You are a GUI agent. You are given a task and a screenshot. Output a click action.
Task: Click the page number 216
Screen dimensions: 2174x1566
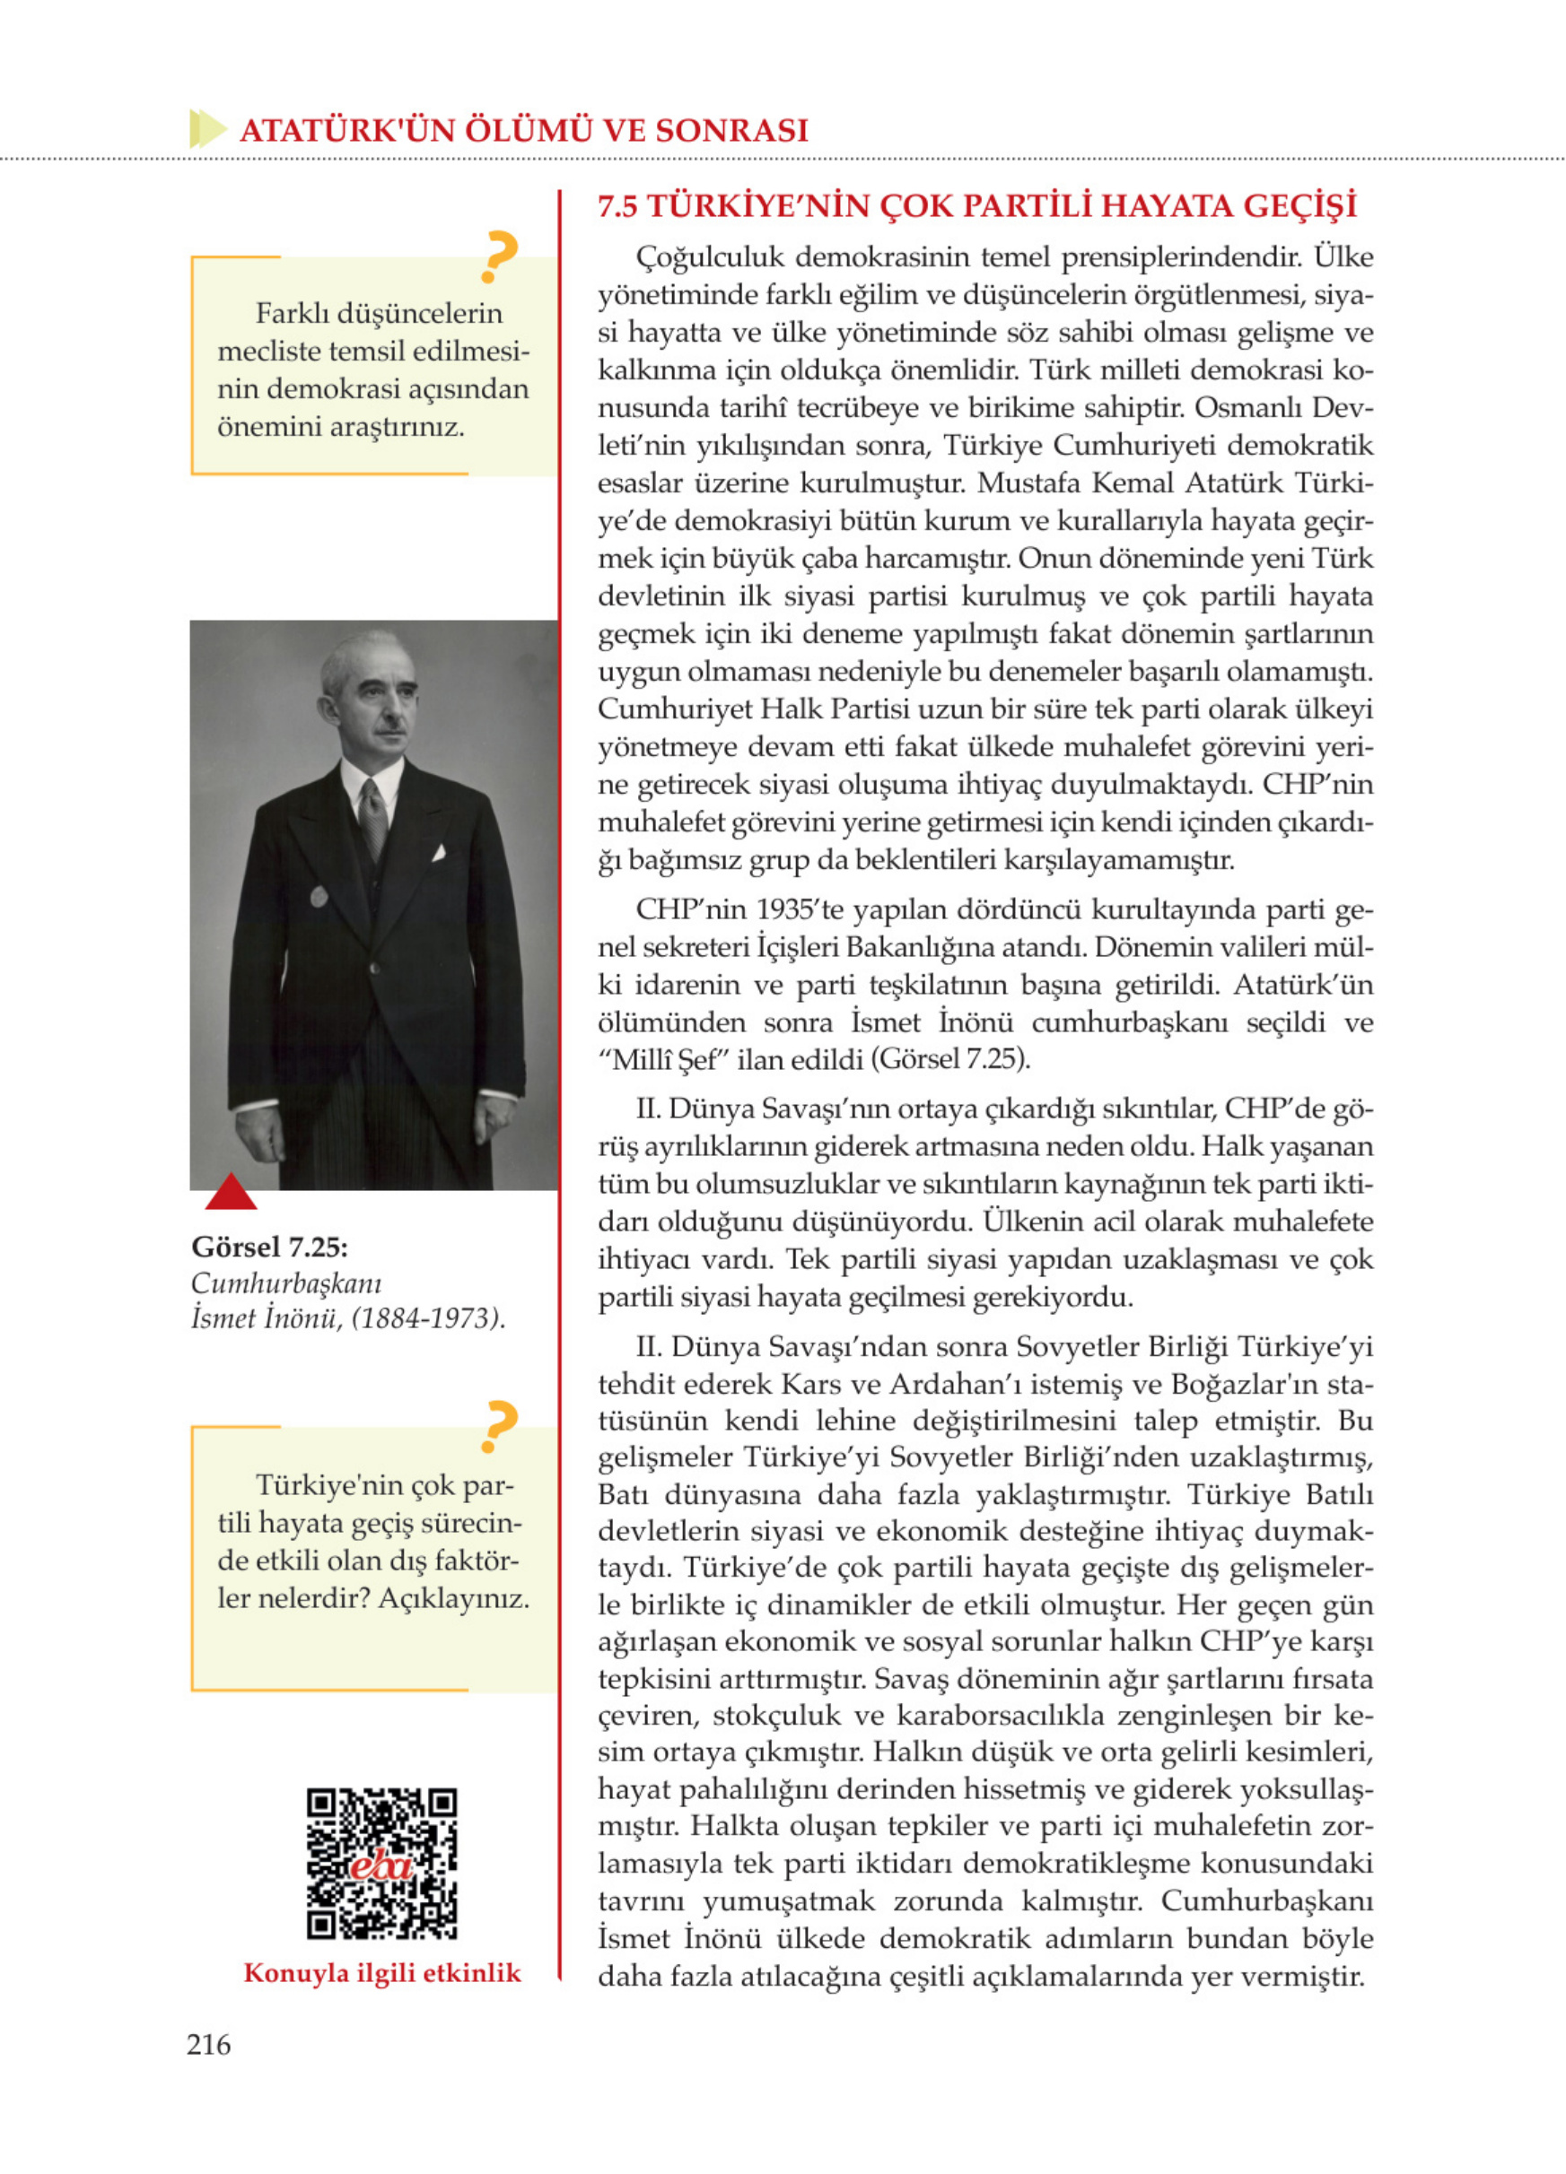pyautogui.click(x=208, y=2044)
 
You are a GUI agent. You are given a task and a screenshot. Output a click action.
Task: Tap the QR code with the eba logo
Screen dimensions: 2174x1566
pyautogui.click(x=381, y=1863)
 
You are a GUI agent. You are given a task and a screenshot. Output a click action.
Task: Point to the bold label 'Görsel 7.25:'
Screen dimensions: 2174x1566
pyautogui.click(x=269, y=1246)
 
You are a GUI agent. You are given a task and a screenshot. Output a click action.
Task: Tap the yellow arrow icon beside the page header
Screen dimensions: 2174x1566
pyautogui.click(x=207, y=128)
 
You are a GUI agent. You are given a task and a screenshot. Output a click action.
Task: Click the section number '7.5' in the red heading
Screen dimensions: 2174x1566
pyautogui.click(x=617, y=206)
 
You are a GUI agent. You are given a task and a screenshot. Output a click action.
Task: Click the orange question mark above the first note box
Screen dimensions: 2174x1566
pyautogui.click(x=499, y=257)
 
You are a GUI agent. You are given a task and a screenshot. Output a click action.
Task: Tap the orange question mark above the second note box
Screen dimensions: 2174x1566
pyautogui.click(x=499, y=1426)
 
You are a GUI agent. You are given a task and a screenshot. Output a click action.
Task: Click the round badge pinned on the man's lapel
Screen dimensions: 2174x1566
pyautogui.click(x=319, y=896)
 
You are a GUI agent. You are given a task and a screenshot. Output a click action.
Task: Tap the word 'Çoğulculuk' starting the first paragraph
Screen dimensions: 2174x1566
pyautogui.click(x=711, y=257)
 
